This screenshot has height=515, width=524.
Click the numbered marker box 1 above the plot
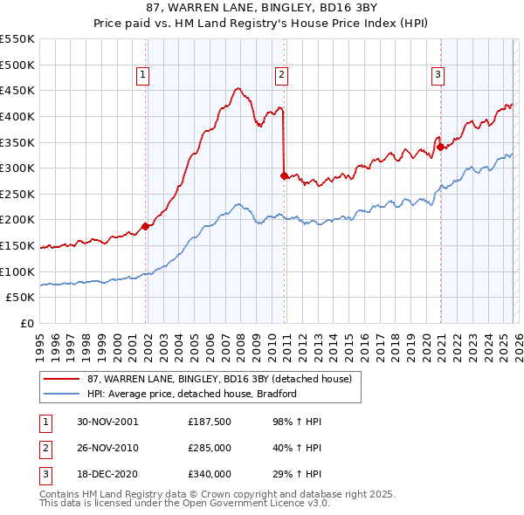[142, 76]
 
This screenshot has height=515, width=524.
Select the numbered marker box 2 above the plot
[282, 76]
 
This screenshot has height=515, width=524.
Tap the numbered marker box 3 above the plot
[438, 76]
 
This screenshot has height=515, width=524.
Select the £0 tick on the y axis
[26, 323]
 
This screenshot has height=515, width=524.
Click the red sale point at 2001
[146, 226]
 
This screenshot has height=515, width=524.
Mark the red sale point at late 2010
[284, 175]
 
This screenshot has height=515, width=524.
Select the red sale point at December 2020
[440, 147]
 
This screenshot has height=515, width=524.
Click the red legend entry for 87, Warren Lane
[218, 379]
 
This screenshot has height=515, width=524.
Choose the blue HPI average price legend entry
[192, 394]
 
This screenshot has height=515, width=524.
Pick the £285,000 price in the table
[208, 448]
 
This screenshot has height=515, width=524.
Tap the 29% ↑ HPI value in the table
[291, 474]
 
